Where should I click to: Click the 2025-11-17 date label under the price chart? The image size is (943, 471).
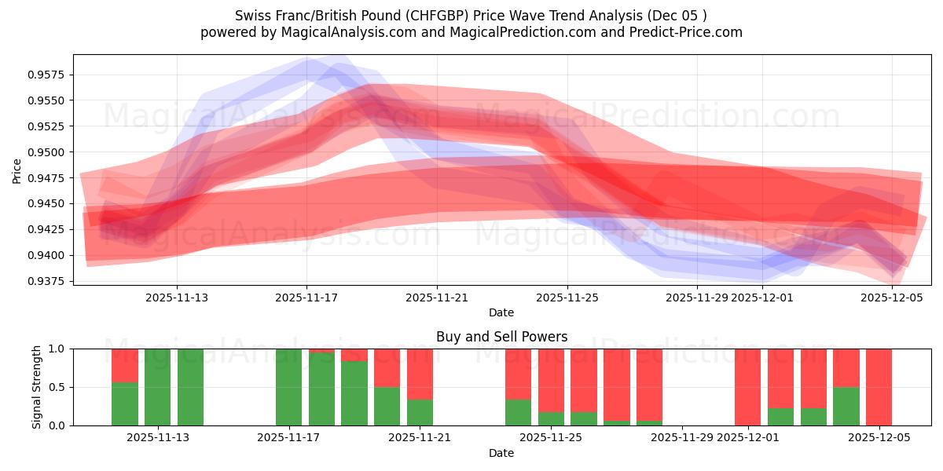click(x=306, y=298)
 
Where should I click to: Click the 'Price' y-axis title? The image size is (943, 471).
click(x=17, y=170)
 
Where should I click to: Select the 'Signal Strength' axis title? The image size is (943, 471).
click(x=37, y=387)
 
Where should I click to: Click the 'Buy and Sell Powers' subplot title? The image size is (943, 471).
click(x=501, y=337)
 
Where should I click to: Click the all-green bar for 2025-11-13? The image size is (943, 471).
click(x=190, y=387)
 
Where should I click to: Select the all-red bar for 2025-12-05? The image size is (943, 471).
click(x=879, y=387)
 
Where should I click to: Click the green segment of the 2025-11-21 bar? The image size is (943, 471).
click(x=420, y=412)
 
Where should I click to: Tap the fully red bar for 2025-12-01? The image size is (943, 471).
click(x=747, y=387)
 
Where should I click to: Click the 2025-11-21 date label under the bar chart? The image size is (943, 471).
click(x=420, y=438)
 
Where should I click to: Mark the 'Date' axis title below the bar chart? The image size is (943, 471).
click(x=501, y=453)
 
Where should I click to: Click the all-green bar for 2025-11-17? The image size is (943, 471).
click(x=288, y=387)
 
